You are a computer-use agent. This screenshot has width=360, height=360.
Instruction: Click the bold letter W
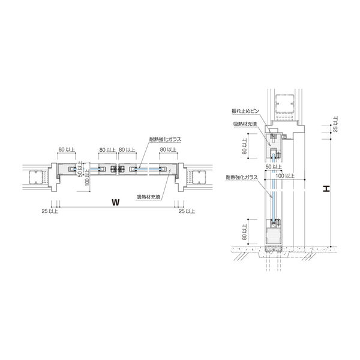point(116,202)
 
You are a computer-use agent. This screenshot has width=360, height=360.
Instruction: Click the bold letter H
point(326,189)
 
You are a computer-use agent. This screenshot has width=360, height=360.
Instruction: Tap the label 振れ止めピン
point(245,111)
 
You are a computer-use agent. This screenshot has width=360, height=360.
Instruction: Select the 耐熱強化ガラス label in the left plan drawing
point(165,139)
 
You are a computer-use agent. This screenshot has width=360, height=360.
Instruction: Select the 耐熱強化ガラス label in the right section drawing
point(242,177)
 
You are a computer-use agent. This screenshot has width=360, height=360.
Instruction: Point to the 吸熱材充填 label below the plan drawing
point(149,197)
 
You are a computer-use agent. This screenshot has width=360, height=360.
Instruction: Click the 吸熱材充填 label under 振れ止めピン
point(245,124)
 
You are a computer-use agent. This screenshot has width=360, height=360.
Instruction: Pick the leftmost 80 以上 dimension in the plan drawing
point(67,149)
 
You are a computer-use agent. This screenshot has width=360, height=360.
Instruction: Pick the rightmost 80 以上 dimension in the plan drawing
point(168,149)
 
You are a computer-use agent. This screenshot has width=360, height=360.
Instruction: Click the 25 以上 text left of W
point(50,211)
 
